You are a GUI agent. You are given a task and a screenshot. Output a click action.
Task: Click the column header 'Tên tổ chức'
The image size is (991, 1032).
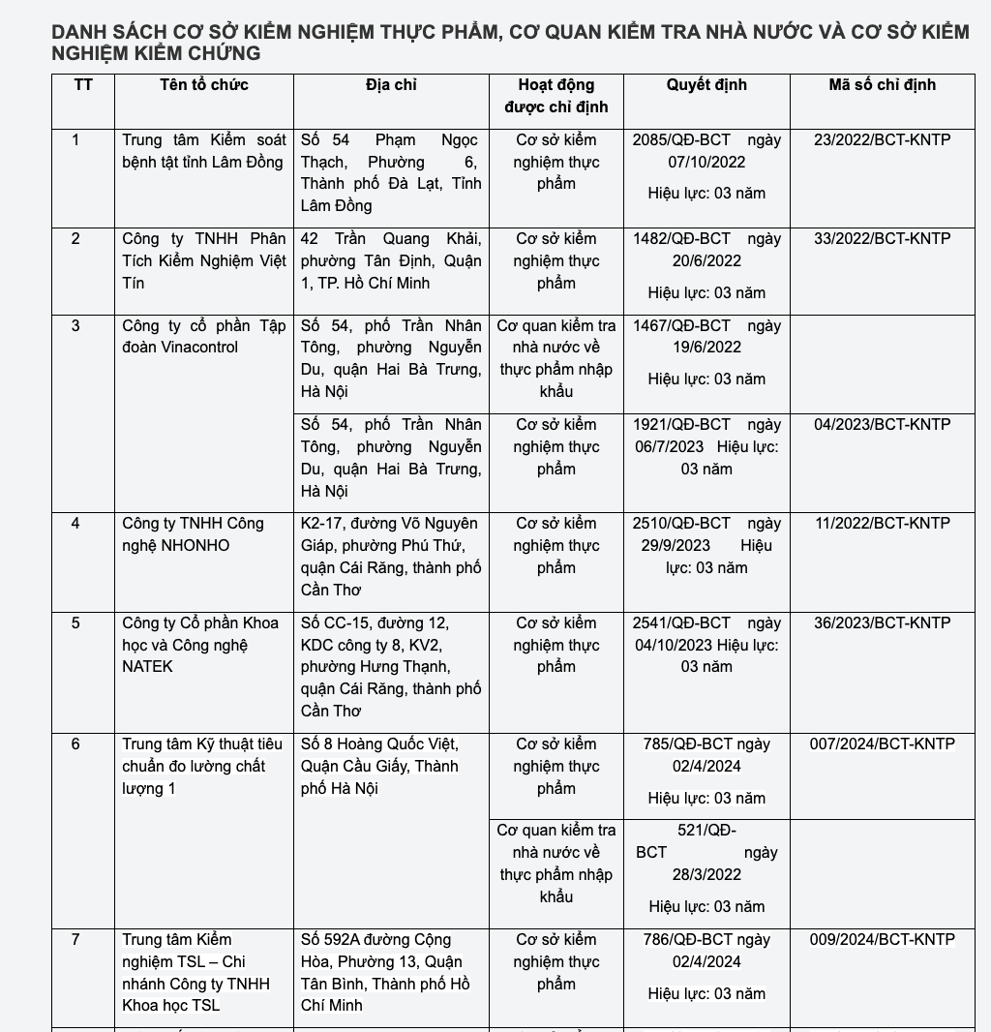point(204,85)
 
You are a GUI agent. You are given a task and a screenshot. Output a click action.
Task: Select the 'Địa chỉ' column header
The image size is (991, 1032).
point(391,85)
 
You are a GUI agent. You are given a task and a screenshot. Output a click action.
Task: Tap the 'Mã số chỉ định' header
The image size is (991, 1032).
point(882,85)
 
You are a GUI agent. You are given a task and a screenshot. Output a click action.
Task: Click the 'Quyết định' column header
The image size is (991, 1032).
point(706,85)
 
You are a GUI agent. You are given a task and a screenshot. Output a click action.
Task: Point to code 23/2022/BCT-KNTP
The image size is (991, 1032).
point(882,139)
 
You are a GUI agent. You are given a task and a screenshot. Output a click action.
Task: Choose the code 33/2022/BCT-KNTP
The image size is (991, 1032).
point(882,238)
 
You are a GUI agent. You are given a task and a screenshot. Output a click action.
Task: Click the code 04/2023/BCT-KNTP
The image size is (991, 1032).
point(882,424)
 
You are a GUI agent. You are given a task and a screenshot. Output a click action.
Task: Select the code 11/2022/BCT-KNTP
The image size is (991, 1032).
point(882,523)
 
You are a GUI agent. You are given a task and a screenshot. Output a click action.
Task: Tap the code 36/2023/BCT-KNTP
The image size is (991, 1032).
point(882,622)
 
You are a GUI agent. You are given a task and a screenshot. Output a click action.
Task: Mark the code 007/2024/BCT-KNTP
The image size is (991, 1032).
point(882,744)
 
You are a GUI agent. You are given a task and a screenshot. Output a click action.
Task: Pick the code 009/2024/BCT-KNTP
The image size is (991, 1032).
point(882,939)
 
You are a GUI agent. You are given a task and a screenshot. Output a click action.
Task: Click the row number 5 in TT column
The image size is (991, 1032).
point(75,622)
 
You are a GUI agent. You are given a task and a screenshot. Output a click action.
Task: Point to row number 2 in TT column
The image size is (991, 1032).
point(75,238)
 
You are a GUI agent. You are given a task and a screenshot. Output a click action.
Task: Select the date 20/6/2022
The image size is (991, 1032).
point(706,260)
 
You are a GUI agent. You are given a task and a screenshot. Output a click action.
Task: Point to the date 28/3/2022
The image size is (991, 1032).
point(706,874)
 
